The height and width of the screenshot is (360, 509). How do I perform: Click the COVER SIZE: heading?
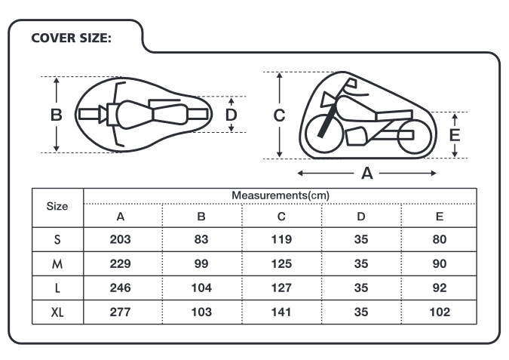coord(71,38)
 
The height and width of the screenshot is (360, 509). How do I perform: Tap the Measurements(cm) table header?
coord(281,195)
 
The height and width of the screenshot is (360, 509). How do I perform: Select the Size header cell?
coord(57,206)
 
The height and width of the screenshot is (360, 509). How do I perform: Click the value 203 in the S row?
coord(120,239)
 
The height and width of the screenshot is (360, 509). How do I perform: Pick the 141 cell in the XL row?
coord(281,312)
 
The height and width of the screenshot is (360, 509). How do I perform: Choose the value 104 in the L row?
coord(201,288)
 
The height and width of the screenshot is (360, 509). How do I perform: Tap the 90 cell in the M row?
coord(439,263)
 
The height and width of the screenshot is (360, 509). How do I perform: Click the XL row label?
coord(57,312)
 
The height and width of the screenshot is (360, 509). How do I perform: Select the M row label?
coord(57,264)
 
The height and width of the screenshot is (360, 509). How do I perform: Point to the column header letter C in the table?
coord(281,217)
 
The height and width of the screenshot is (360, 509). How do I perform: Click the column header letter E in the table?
coord(440,217)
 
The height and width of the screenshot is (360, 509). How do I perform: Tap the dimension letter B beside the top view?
coord(56,115)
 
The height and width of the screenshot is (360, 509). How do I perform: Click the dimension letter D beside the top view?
coord(232,115)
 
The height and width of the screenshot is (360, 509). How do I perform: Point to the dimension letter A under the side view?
coord(366,173)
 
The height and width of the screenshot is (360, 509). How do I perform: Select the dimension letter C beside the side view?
coord(279,115)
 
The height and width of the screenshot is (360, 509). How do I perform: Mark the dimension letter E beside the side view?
coord(455,135)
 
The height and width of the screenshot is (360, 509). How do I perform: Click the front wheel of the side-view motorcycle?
coord(306,134)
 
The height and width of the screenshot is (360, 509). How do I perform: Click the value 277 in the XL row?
coord(120,312)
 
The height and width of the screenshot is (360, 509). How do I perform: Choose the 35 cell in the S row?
coord(361,239)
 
